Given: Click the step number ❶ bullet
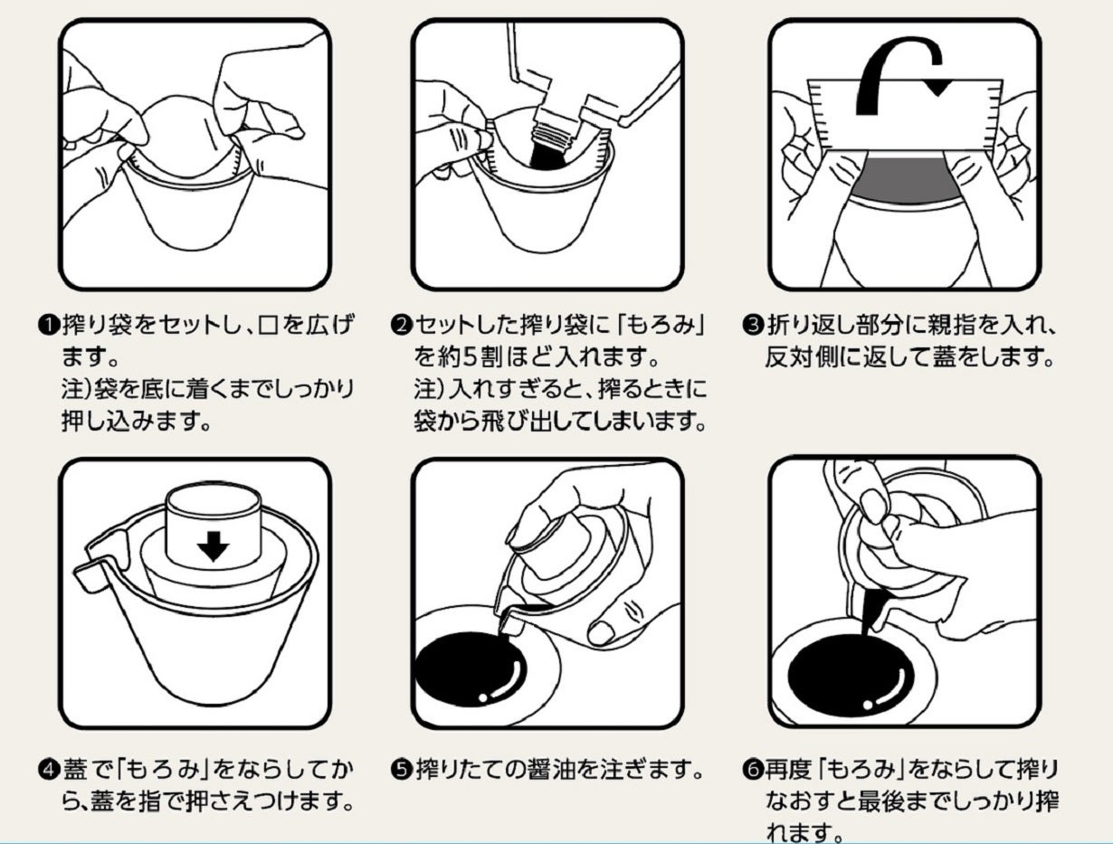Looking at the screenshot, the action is tap(49, 325).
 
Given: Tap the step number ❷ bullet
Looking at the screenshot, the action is tap(402, 325).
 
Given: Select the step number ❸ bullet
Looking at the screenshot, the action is tap(753, 325).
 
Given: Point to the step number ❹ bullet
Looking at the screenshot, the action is tap(49, 770).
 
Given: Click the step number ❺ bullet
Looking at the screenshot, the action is tap(402, 770).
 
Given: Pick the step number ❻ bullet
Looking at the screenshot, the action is tap(753, 770).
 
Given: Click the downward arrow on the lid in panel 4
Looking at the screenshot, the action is tap(213, 546).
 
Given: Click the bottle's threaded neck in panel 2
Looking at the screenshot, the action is tap(556, 133).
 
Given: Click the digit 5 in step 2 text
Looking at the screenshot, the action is tap(470, 356).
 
